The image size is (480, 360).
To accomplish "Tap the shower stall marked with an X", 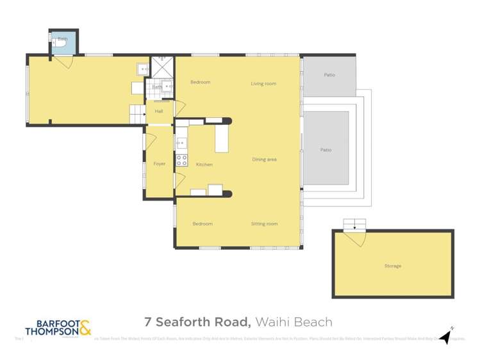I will [x=162, y=67].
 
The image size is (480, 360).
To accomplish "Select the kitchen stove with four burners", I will [x=181, y=159].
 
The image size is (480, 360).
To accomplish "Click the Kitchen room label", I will [x=204, y=165].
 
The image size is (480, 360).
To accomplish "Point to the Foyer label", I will [x=159, y=164].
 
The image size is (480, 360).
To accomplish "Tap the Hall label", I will [x=158, y=111].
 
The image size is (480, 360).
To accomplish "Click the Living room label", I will [x=263, y=84].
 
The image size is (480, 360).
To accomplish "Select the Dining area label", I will [x=264, y=160].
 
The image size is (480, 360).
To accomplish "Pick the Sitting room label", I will [x=263, y=224].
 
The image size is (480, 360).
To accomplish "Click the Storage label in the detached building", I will [x=392, y=266].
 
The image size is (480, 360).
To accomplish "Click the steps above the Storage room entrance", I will [x=354, y=224].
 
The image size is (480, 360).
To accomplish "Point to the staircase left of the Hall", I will [x=138, y=115].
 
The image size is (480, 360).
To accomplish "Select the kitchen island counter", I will [x=222, y=138].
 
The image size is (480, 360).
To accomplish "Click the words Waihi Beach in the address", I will [x=294, y=322].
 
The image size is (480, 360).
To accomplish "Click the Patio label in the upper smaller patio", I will [x=329, y=75].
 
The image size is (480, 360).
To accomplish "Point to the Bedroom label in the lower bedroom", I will [x=203, y=224].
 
